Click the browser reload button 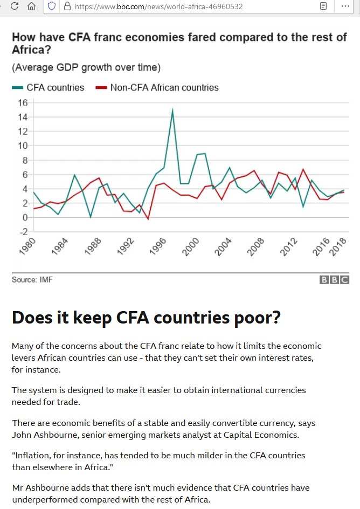[15, 6]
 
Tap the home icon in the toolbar [31, 6]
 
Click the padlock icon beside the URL [67, 6]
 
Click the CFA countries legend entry [55, 87]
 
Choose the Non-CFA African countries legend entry [164, 87]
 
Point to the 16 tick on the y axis [22, 102]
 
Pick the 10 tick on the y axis [22, 146]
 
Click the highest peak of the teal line [172, 110]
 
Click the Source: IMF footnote [32, 279]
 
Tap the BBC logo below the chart [334, 279]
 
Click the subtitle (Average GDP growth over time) [86, 67]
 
